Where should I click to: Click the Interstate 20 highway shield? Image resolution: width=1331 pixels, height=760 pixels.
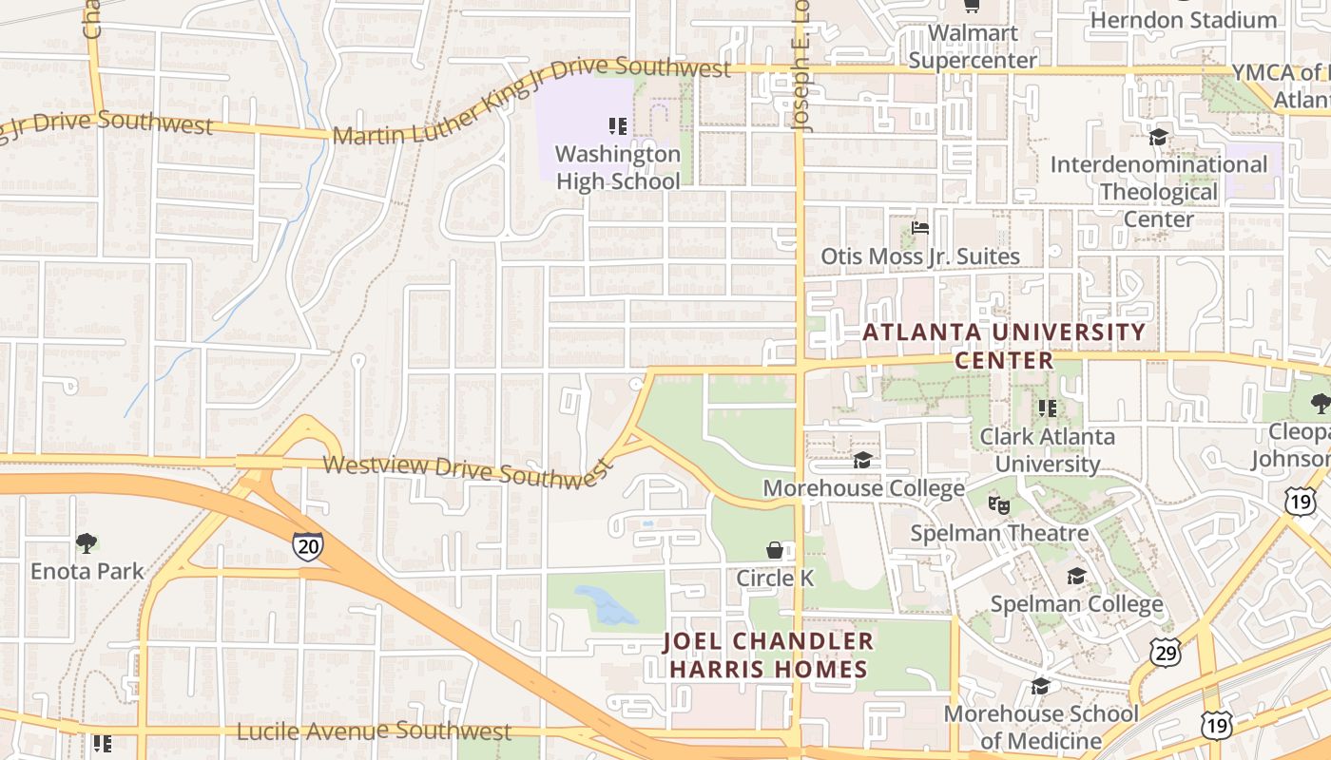point(308,546)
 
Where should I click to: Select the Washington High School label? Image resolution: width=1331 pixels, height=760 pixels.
point(618,167)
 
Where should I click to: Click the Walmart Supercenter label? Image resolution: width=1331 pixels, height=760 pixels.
point(973,47)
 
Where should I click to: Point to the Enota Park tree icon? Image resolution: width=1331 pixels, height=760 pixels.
point(87,543)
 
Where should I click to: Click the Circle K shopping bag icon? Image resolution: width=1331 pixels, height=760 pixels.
point(776,550)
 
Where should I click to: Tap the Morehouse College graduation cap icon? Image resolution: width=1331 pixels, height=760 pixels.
point(863,461)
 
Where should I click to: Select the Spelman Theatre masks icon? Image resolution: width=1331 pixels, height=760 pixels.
point(998,504)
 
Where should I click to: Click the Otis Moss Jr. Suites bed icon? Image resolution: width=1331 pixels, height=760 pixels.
point(919,228)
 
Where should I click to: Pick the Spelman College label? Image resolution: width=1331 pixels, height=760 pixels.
point(1076,604)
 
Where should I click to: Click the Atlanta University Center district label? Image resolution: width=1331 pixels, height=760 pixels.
point(1004,346)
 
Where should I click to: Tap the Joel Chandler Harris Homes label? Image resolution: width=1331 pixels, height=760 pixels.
point(768,655)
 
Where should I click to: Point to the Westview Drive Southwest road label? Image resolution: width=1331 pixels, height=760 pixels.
point(467,470)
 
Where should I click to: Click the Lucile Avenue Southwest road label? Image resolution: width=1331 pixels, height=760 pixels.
point(374,731)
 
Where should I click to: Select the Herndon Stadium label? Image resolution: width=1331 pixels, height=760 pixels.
point(1183,20)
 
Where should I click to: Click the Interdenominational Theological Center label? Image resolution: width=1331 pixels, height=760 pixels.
point(1158,192)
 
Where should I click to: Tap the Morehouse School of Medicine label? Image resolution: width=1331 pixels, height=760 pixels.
point(1040,727)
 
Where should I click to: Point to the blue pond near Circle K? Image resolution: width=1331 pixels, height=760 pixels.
point(606,604)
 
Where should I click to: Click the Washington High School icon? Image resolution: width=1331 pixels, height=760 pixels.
point(618,125)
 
